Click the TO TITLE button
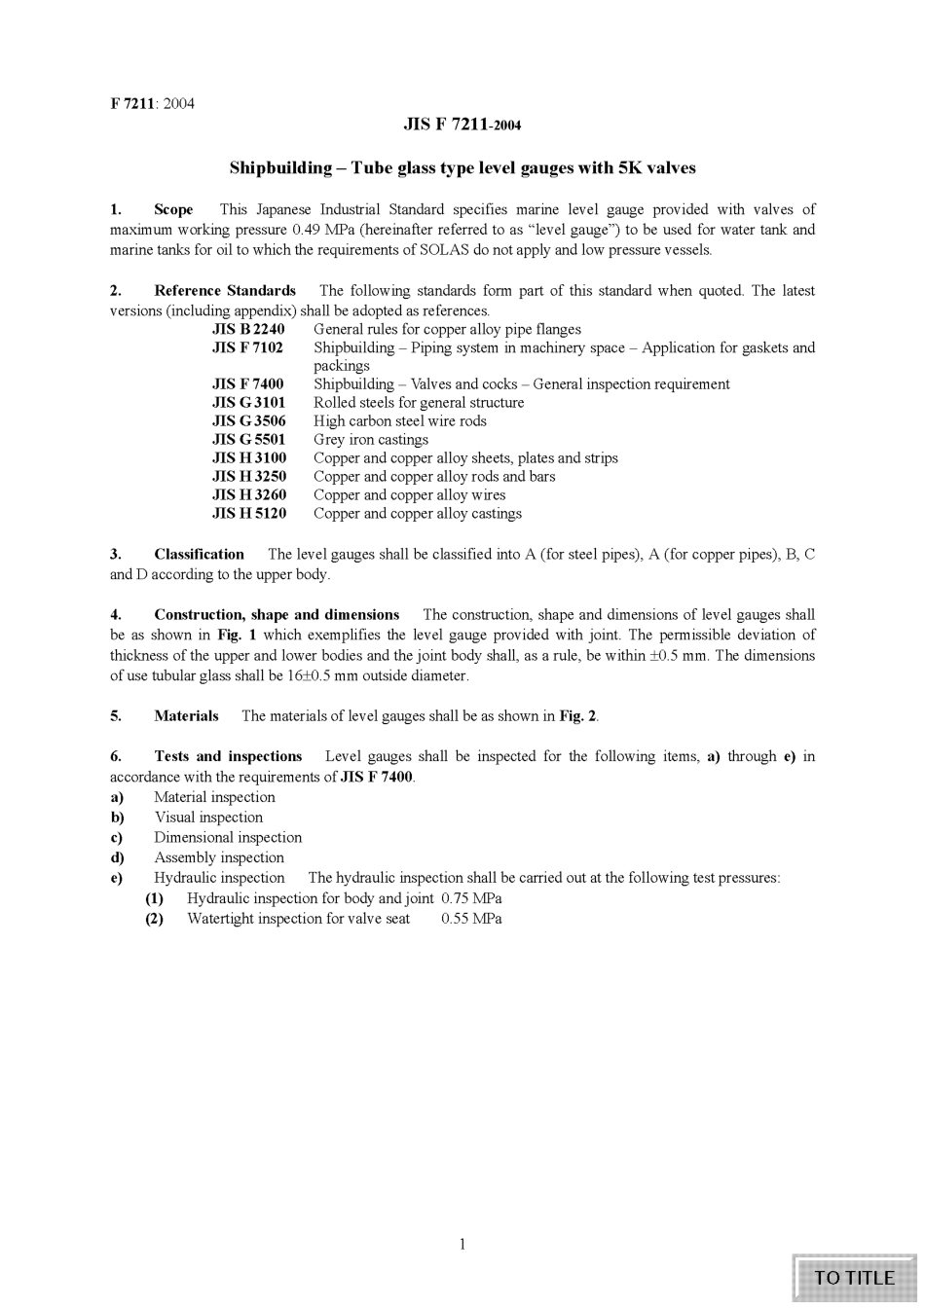854,1278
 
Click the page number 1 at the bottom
462,1243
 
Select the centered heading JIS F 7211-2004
462,125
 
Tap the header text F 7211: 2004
152,103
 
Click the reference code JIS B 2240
248,329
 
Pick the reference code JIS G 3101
248,402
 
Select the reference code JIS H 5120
248,513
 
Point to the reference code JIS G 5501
248,439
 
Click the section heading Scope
173,209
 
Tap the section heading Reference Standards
225,290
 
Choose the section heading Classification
199,554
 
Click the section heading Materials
186,715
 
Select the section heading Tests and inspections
228,756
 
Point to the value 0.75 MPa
471,898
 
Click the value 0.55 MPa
471,919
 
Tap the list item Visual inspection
208,818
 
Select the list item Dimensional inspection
228,837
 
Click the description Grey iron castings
371,439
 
